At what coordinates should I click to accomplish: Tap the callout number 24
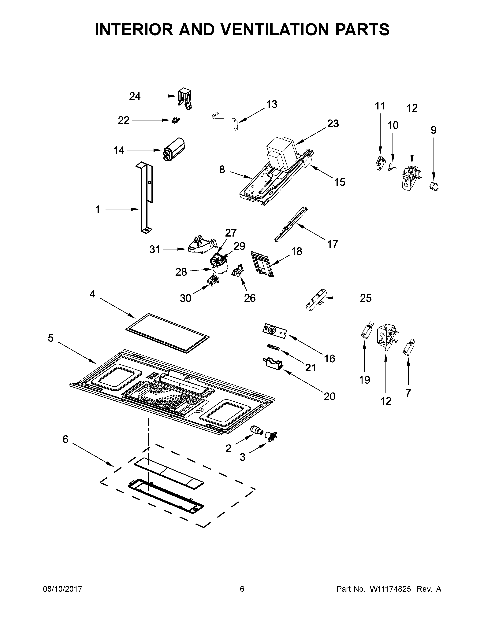(x=135, y=96)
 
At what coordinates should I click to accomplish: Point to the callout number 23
(x=333, y=123)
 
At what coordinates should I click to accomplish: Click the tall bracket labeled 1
(x=145, y=198)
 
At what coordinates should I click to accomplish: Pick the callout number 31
(x=155, y=250)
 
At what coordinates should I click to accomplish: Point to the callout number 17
(x=332, y=244)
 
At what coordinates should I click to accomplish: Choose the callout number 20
(x=329, y=396)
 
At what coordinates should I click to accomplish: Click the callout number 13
(x=272, y=104)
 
